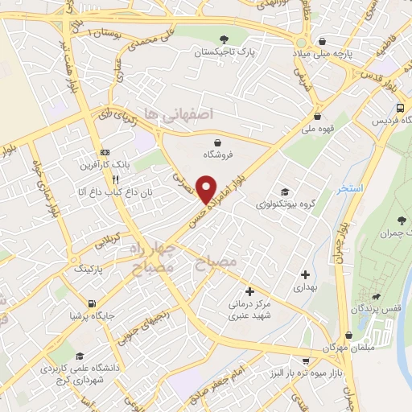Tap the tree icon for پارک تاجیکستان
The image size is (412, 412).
(224, 39)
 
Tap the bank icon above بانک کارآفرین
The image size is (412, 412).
(105, 152)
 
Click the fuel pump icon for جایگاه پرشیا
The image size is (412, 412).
(92, 303)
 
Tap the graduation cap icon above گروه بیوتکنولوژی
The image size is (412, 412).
(284, 192)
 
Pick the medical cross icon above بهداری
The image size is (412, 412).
(303, 274)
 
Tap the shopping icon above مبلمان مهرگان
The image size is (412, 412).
(348, 336)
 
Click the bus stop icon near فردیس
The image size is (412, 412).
(400, 108)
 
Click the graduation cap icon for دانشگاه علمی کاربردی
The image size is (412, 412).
(79, 356)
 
